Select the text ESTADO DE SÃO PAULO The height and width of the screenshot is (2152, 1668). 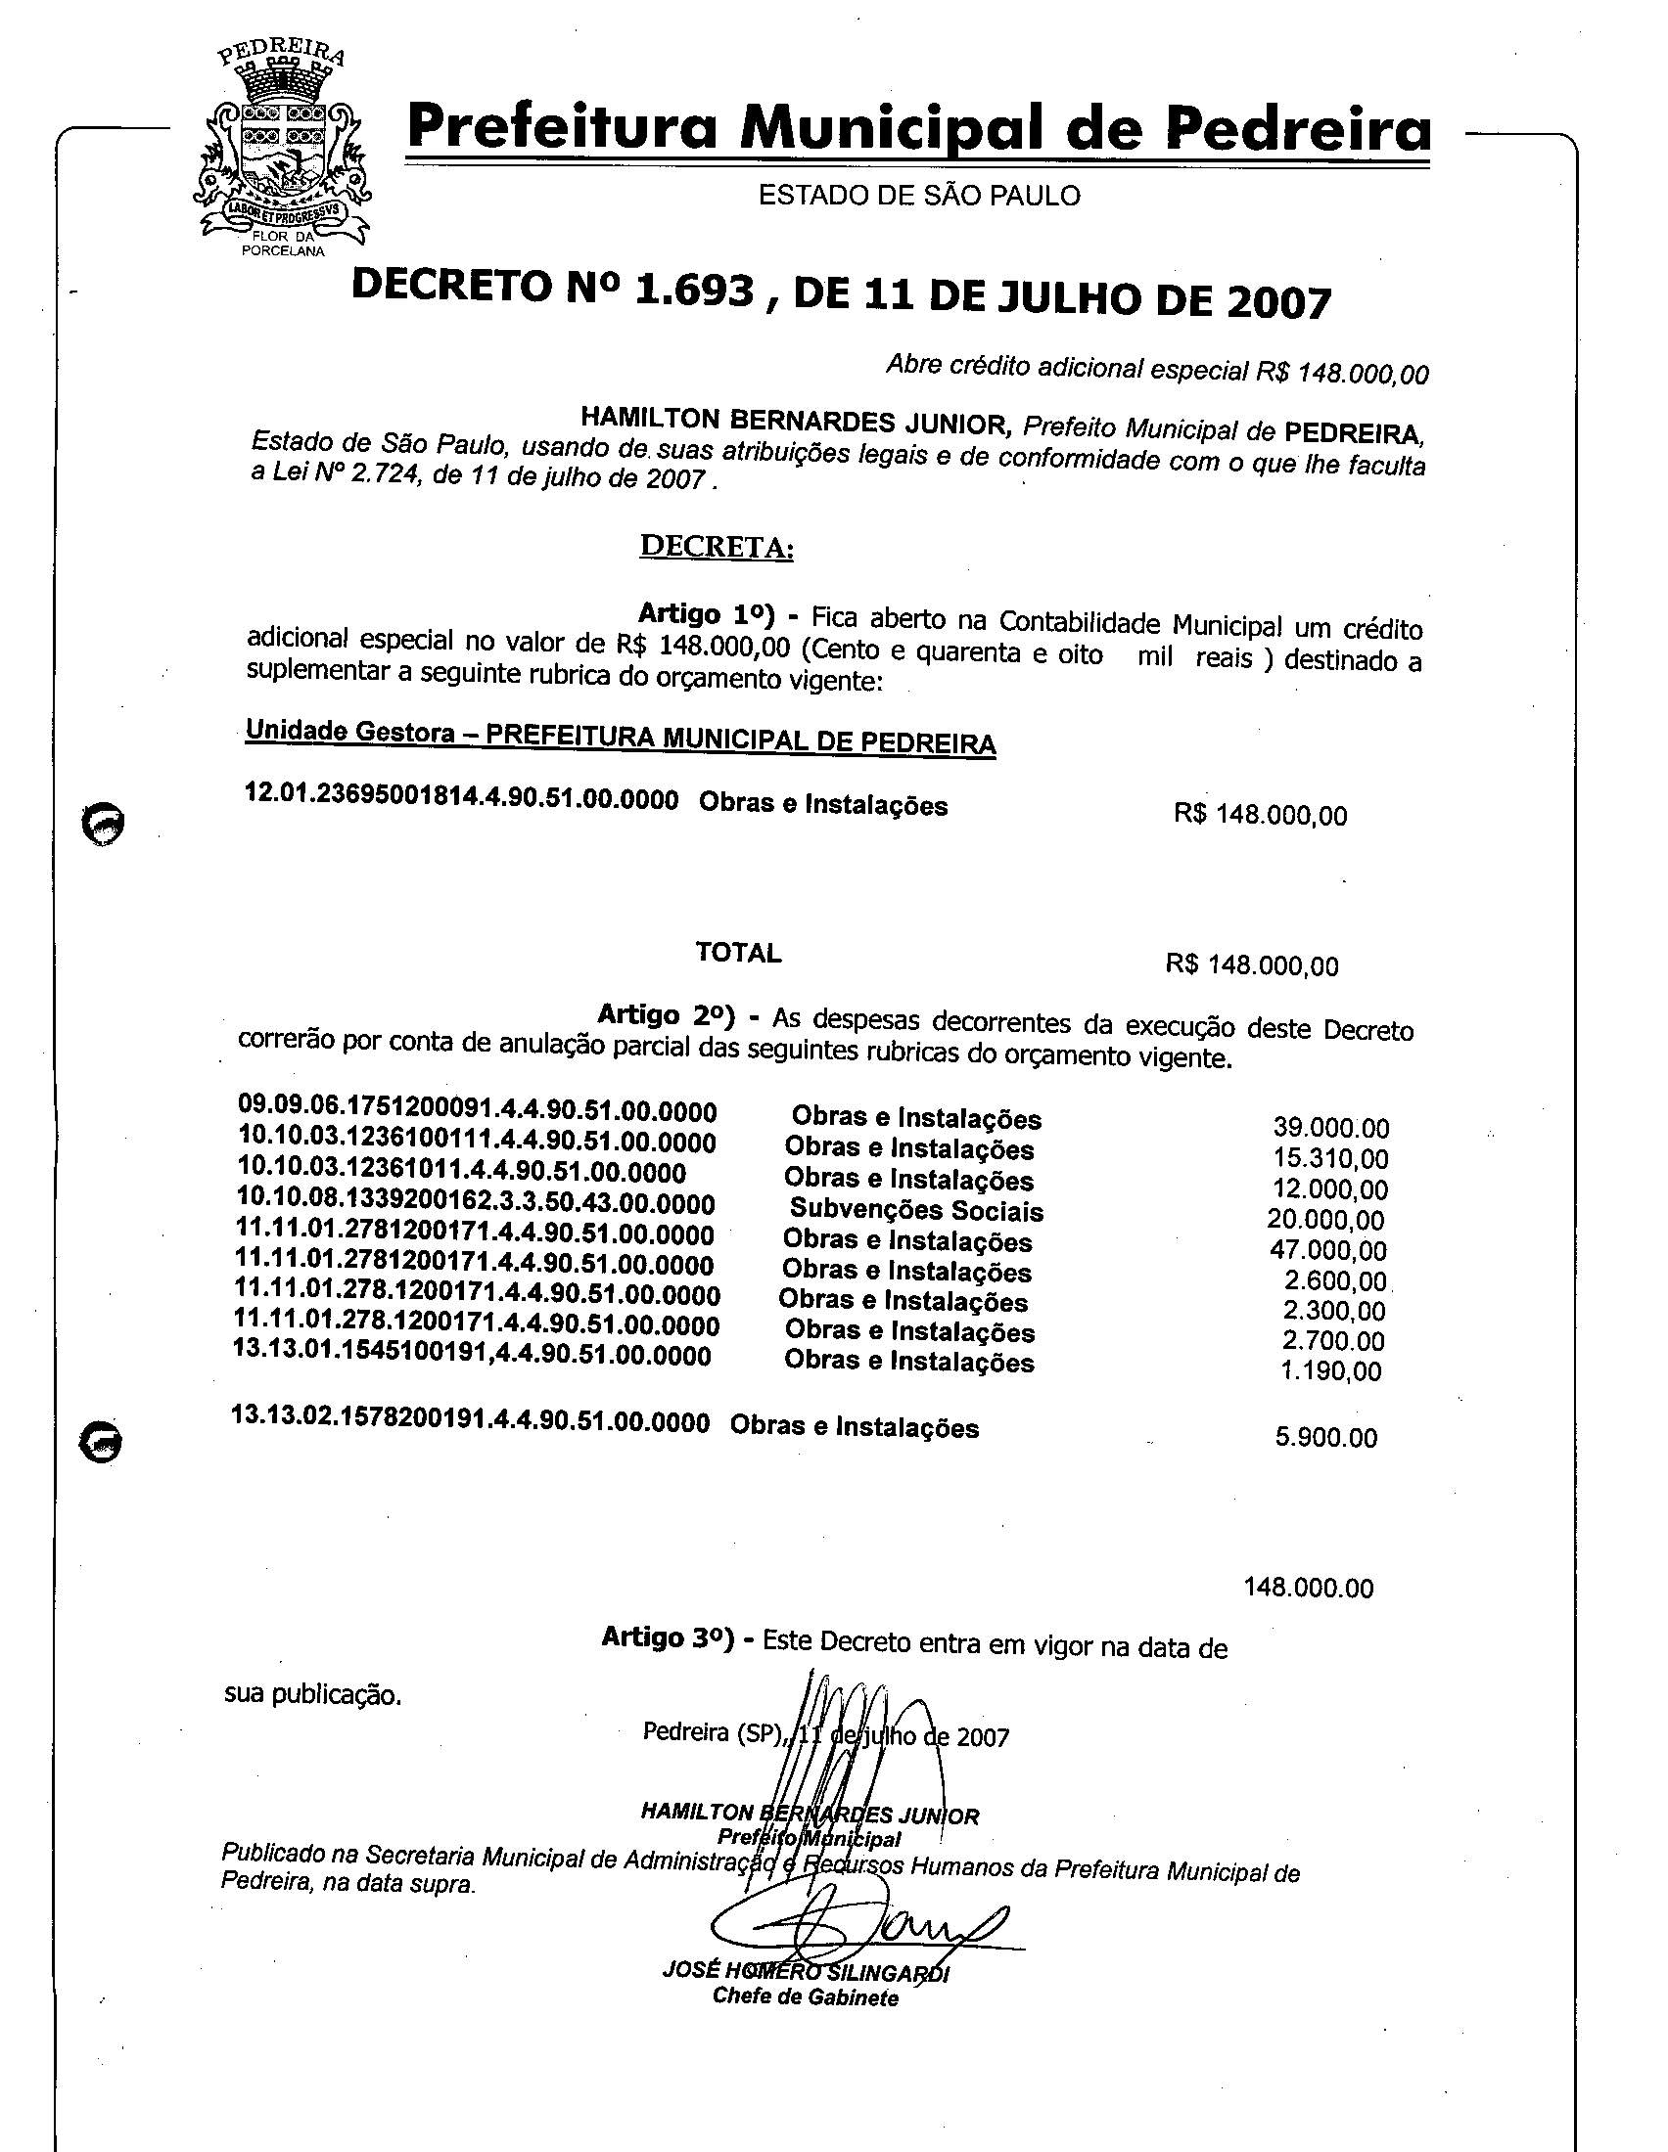point(919,196)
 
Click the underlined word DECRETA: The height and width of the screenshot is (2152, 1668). point(717,546)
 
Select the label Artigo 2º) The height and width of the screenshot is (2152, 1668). point(667,1015)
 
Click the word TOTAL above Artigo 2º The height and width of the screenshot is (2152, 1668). point(738,953)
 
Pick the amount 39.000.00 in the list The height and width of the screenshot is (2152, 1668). point(1331,1128)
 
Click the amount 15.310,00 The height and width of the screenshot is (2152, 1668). point(1331,1159)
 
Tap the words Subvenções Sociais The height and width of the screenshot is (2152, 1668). point(916,1210)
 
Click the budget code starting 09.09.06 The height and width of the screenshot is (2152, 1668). point(477,1110)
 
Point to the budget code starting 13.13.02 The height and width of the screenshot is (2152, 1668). point(470,1421)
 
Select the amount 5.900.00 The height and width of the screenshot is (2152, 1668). point(1326,1438)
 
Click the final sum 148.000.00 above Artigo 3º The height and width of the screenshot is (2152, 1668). point(1308,1588)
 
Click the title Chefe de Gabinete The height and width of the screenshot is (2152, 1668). point(806,1997)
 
